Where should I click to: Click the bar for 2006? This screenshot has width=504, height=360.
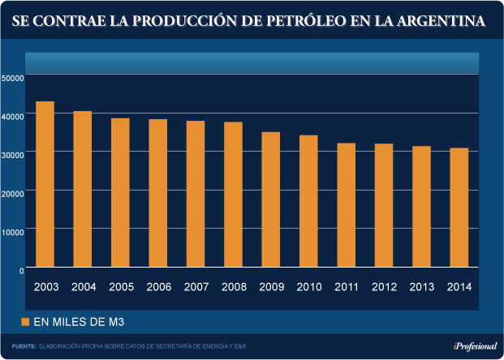click(x=157, y=193)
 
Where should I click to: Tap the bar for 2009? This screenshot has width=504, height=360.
click(x=270, y=199)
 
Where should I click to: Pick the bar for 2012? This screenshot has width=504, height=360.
click(x=383, y=205)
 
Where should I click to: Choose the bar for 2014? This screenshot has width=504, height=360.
click(x=459, y=208)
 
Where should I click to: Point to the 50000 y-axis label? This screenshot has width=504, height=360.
click(x=13, y=78)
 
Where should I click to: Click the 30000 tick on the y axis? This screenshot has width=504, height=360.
click(x=13, y=154)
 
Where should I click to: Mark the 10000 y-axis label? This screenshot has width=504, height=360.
click(x=13, y=231)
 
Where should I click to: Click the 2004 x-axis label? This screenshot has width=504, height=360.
click(x=84, y=287)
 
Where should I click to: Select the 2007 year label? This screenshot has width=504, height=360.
click(x=196, y=287)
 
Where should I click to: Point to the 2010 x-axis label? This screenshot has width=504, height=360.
click(x=309, y=287)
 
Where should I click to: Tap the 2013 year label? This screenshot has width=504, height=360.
click(x=421, y=287)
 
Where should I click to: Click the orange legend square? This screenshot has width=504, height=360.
click(x=25, y=322)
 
